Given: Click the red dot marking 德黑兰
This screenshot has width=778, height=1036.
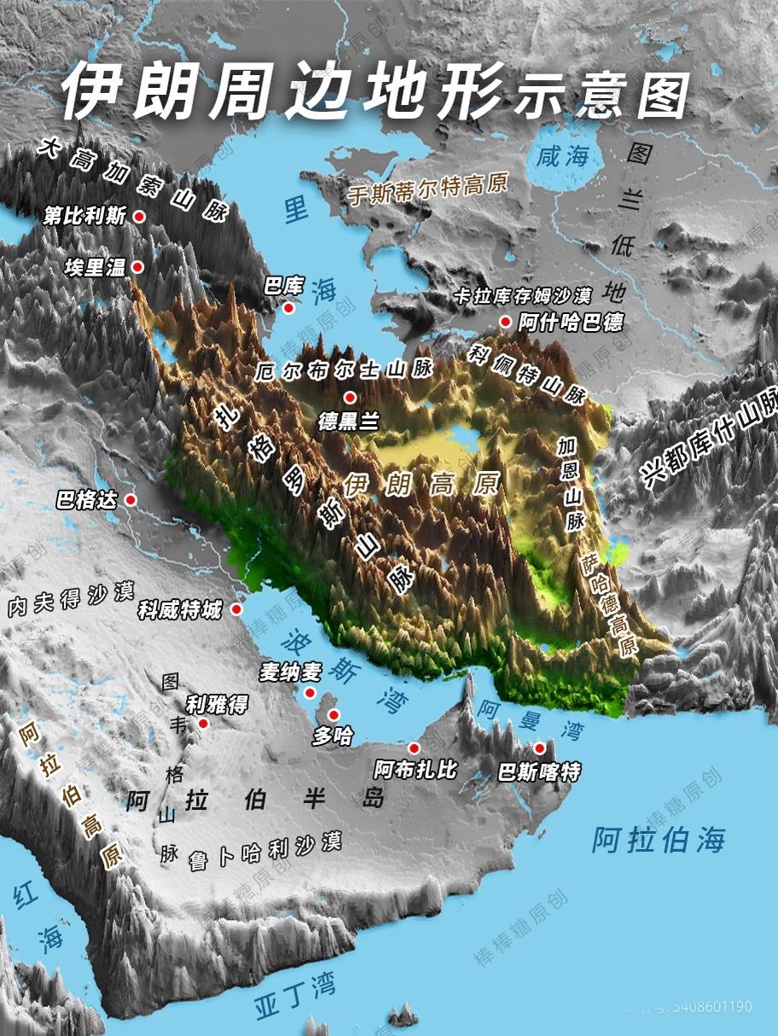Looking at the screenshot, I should (x=349, y=398).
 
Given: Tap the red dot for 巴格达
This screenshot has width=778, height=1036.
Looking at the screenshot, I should (x=131, y=500).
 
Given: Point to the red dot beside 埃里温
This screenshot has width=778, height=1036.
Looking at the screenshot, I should (x=137, y=267).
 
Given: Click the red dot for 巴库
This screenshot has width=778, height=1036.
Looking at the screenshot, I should (x=290, y=308).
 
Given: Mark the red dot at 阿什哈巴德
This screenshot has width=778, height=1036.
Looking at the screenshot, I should (x=505, y=322).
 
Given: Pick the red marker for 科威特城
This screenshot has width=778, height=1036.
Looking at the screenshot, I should (x=236, y=609).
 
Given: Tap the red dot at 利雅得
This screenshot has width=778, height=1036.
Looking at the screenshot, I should (x=203, y=724).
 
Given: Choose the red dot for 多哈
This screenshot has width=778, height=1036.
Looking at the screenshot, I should (x=334, y=715).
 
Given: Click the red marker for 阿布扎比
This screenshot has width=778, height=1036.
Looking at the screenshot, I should (x=415, y=748).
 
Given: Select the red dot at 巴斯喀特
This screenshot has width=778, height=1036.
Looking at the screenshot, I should (x=539, y=748).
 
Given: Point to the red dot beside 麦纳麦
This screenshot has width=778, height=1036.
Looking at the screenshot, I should (x=310, y=693).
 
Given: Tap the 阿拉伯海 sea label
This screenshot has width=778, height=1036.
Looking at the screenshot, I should (x=659, y=840).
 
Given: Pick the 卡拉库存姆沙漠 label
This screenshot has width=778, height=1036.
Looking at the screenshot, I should (x=523, y=296).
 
